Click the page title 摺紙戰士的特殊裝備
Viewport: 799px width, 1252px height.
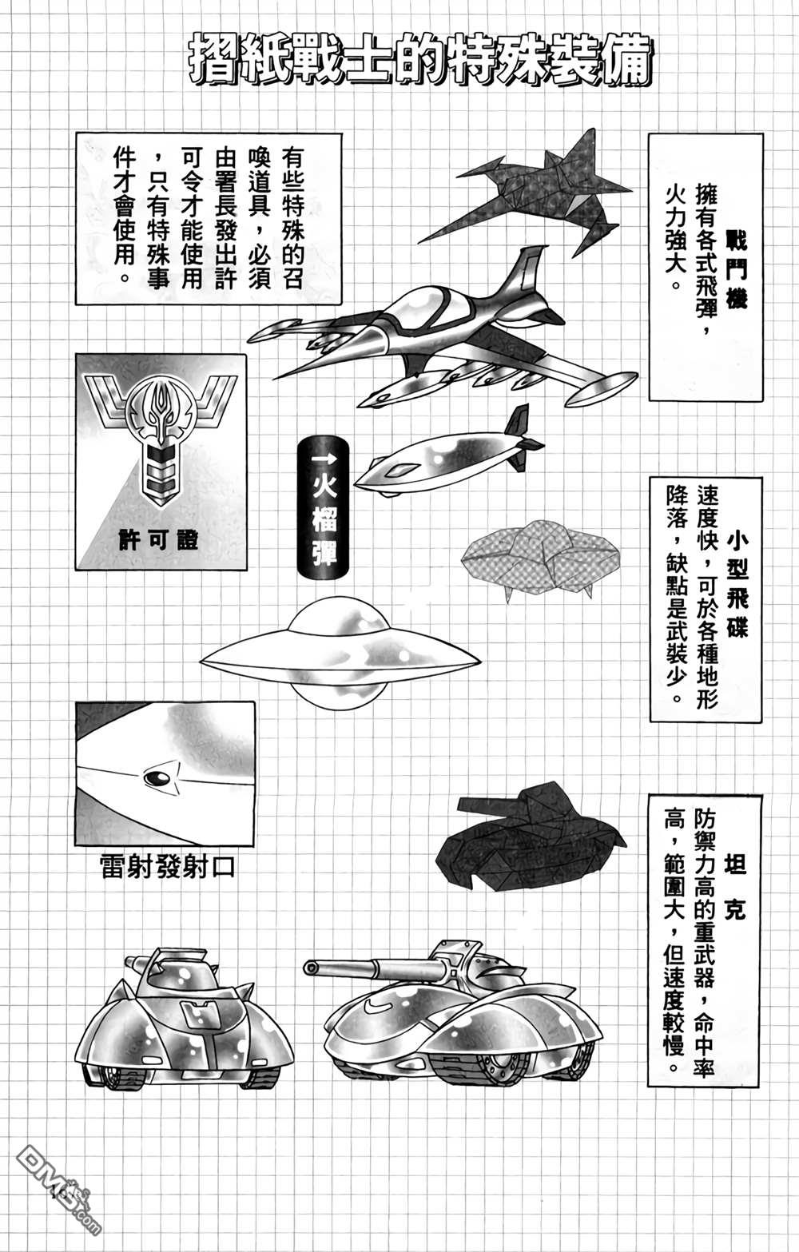pyautogui.click(x=420, y=62)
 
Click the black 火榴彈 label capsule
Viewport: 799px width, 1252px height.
pyautogui.click(x=323, y=507)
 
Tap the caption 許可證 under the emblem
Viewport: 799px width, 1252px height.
pyautogui.click(x=159, y=540)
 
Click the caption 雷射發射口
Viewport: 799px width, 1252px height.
pyautogui.click(x=167, y=867)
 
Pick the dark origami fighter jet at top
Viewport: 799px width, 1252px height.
pyautogui.click(x=526, y=192)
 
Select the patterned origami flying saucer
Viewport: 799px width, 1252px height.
pyautogui.click(x=540, y=559)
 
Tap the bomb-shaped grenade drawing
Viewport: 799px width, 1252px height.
pyautogui.click(x=447, y=454)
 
